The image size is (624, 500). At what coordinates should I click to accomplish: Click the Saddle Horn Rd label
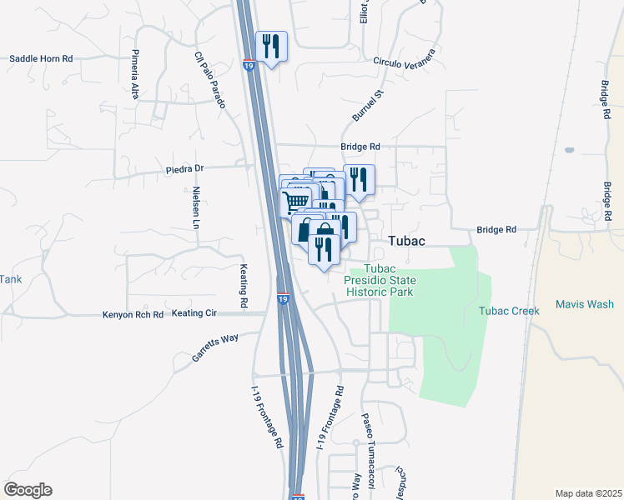(42, 59)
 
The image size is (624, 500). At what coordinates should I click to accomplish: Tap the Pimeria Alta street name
(134, 75)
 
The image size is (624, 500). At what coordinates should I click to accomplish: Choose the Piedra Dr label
(184, 168)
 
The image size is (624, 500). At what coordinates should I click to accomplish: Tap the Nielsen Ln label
(198, 207)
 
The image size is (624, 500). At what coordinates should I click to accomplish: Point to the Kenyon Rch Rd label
(133, 315)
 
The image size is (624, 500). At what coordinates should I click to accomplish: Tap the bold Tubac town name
(407, 241)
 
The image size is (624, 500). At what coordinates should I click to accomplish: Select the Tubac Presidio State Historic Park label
(380, 280)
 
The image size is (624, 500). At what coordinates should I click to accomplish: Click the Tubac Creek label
(509, 311)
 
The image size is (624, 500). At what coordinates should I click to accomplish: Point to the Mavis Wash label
(585, 305)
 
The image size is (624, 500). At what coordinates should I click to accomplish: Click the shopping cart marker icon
(296, 201)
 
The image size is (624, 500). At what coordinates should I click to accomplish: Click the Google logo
(28, 490)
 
